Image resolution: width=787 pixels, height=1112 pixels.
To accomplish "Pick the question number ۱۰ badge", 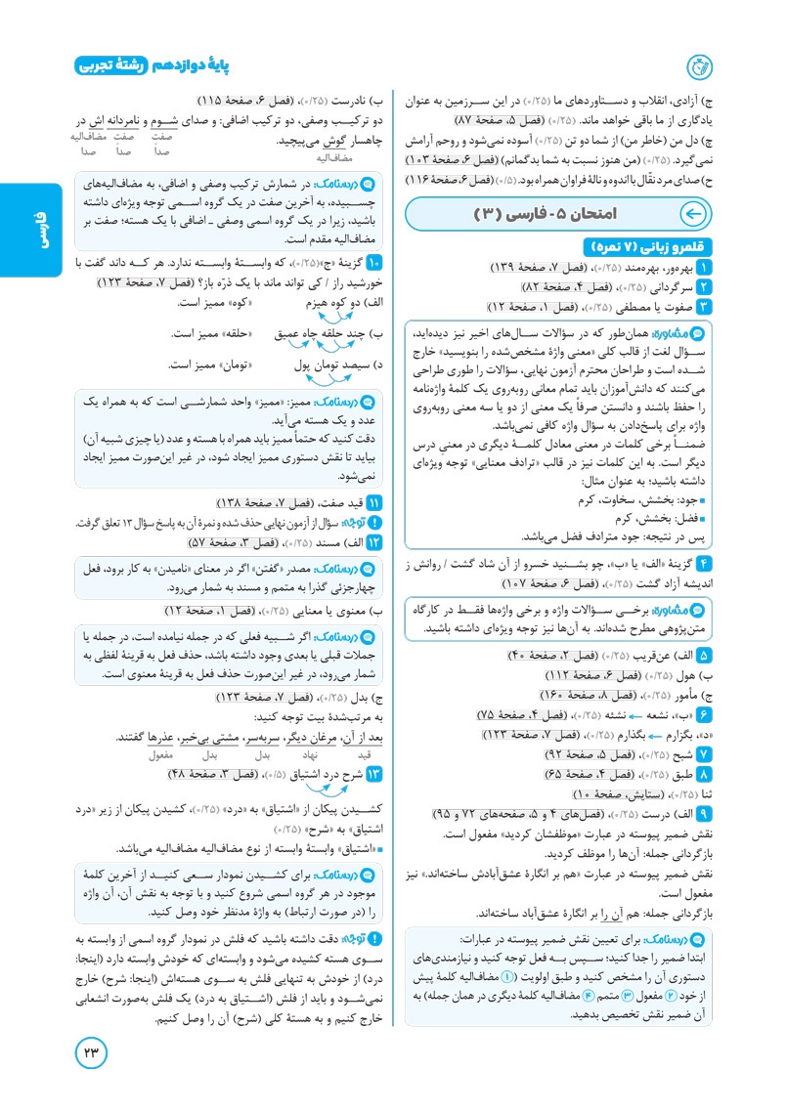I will [373, 263].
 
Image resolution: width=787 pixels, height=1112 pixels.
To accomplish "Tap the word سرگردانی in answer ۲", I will [665, 286].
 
